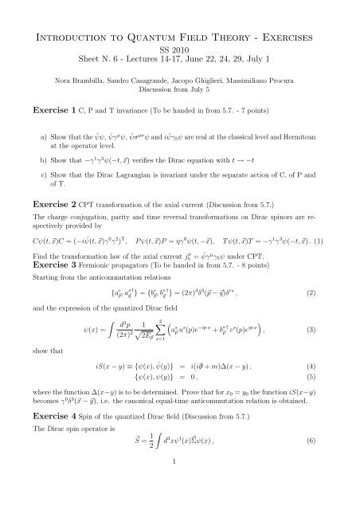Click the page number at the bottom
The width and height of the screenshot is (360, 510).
coord(180,495)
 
